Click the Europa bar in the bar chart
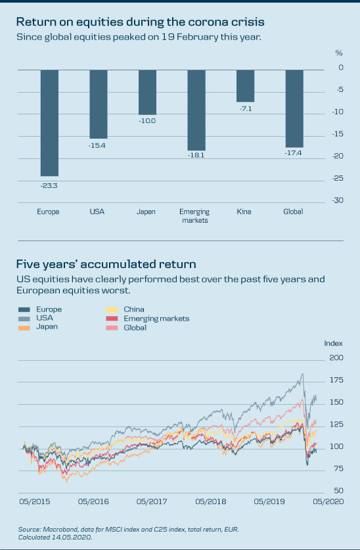coord(49,123)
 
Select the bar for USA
coord(99,104)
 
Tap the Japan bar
coord(148,92)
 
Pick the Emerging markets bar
coord(196,110)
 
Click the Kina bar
coord(246,86)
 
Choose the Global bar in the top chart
coord(294,108)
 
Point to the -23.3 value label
coord(49,186)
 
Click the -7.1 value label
coord(246,109)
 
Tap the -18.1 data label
coord(196,155)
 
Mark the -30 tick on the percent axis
coord(338,200)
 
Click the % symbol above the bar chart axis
coord(339,53)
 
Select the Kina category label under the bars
coord(244,212)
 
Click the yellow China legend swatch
coord(112,309)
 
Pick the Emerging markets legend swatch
coord(112,319)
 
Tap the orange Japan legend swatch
coord(24,328)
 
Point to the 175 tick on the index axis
coord(337,380)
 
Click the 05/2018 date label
coord(211,501)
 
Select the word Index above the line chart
coord(333,344)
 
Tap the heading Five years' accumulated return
coord(106,264)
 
